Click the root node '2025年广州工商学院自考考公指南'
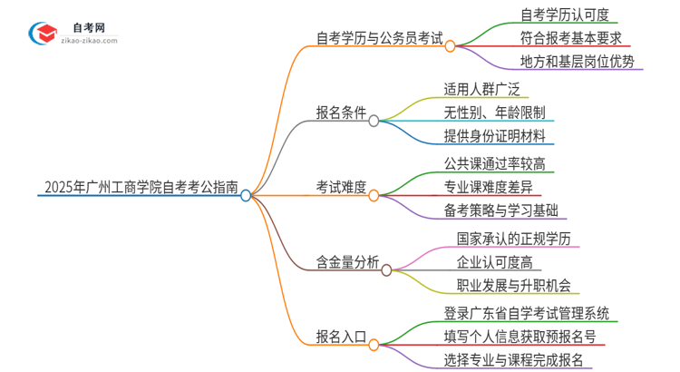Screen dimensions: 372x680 pos(141,189)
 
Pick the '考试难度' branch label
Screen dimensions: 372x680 pos(341,188)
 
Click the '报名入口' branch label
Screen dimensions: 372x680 pos(341,337)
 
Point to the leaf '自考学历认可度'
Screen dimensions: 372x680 pos(564,14)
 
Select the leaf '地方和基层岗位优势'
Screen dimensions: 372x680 pos(578,63)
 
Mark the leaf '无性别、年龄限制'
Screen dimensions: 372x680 pos(495,113)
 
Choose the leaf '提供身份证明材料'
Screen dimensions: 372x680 pos(495,137)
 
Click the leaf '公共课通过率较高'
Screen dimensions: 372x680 pos(495,164)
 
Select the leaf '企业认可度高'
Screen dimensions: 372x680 pos(495,263)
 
